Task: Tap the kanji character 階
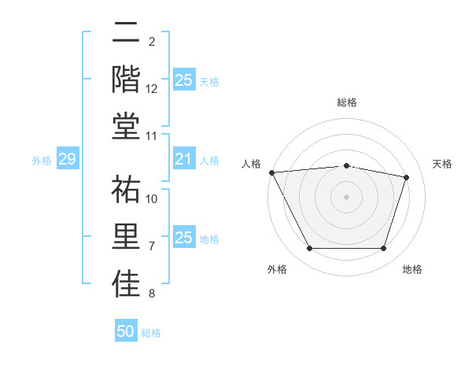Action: click(x=127, y=79)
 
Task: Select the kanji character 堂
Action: click(x=127, y=126)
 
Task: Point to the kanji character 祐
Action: click(x=127, y=190)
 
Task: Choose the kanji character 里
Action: click(x=127, y=237)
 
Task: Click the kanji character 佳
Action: click(x=127, y=284)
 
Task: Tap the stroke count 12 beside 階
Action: click(x=152, y=89)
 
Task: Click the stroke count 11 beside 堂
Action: click(x=152, y=136)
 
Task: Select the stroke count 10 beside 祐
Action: click(x=152, y=198)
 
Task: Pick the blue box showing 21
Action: click(x=183, y=160)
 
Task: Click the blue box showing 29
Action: click(x=67, y=160)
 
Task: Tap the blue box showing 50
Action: click(x=126, y=331)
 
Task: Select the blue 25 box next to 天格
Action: click(x=183, y=80)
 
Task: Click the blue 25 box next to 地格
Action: click(x=183, y=238)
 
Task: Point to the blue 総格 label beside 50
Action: click(x=151, y=333)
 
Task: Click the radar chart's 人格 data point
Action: click(x=271, y=172)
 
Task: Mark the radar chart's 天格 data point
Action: click(x=406, y=177)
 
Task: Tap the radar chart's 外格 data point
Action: click(x=309, y=249)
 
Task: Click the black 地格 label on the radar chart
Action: click(x=412, y=269)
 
